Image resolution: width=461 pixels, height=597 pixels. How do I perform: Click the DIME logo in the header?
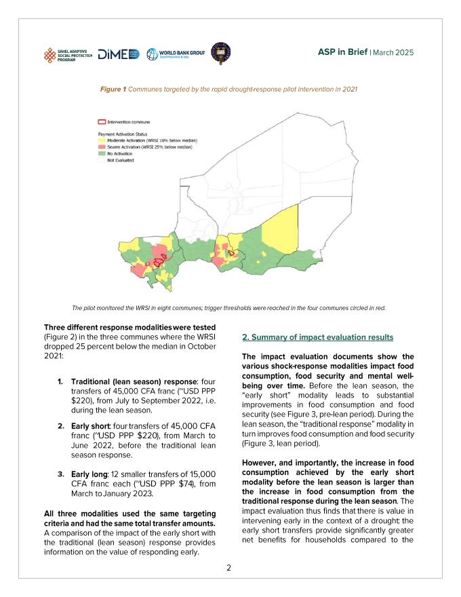(119, 54)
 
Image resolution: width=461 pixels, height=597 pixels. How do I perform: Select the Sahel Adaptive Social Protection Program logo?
(67, 54)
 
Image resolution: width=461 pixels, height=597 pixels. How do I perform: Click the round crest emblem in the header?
(220, 53)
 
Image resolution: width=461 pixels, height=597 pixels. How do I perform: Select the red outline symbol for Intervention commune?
(102, 122)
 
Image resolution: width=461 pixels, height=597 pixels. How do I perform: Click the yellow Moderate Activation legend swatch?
(102, 140)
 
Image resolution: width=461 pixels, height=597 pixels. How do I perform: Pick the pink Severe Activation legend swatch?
(102, 147)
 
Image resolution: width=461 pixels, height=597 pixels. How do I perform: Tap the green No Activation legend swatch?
(102, 153)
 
